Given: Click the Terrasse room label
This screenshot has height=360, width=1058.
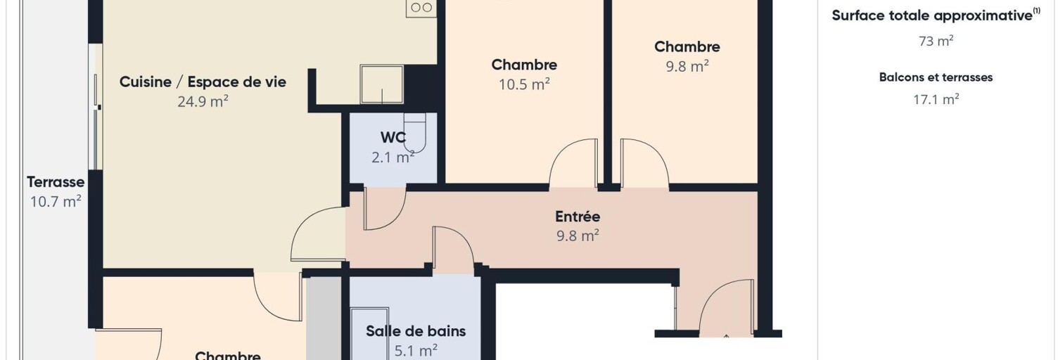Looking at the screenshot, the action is coord(56,181).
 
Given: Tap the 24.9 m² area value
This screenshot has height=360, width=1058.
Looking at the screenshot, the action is coord(203,101).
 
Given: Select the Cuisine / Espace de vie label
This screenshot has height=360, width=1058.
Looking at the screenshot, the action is coord(203,82).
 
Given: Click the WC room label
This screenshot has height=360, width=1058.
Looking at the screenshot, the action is coord(393,137).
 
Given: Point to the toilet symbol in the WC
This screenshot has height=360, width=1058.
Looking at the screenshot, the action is coord(415,133).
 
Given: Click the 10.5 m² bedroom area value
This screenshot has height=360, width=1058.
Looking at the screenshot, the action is coord(524,84).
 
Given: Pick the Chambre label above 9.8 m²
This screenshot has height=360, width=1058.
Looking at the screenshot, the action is coord(687,46).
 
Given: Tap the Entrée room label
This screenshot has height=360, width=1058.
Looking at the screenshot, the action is coord(578,216).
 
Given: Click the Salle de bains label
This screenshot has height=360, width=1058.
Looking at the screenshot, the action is coord(416,331).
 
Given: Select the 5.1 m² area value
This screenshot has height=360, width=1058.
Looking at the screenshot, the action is coord(416,351).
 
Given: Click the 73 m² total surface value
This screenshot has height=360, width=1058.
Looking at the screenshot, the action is coord(936,41).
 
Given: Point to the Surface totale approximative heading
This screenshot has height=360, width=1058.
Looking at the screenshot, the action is coord(936,15).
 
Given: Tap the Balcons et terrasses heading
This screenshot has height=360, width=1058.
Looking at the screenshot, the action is coord(936,77).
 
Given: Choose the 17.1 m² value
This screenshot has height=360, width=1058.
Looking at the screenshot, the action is coord(936,99).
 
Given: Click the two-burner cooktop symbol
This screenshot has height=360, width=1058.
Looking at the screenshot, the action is coord(421,8).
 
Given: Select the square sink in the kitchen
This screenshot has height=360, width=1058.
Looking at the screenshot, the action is coord(382,84).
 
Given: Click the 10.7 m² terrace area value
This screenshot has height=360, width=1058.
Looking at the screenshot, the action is coord(56,202).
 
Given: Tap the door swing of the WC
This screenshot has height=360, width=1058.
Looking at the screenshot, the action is coord(385,208).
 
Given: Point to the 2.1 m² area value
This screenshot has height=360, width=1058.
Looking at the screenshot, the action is coord(393,157).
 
